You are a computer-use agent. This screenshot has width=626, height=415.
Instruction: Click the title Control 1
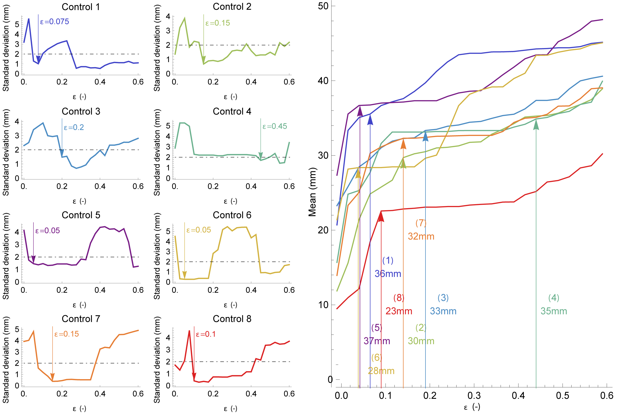[x=81, y=7]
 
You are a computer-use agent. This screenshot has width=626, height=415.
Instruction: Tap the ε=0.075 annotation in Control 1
[x=54, y=22]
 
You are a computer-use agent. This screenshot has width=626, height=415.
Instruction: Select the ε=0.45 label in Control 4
[x=275, y=126]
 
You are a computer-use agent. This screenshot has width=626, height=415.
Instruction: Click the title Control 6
[x=232, y=215]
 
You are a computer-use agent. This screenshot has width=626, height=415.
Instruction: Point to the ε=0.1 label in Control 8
[x=206, y=334]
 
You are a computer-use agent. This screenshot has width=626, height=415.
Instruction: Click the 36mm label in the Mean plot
[x=388, y=273]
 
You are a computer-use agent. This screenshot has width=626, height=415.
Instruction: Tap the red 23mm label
[x=399, y=311]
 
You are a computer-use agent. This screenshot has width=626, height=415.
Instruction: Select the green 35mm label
[x=554, y=311]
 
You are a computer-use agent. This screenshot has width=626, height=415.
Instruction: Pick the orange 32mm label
[x=421, y=236]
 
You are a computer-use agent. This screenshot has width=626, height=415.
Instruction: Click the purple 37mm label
[x=377, y=341]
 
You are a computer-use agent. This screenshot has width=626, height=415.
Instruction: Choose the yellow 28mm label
[x=381, y=371]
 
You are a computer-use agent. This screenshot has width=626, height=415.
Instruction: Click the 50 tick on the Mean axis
[x=323, y=6]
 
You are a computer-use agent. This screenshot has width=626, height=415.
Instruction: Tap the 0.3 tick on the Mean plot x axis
[x=474, y=396]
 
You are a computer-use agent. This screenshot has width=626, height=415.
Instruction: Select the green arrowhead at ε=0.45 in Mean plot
[x=536, y=124]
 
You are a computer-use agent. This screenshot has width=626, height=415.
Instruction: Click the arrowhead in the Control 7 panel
[x=53, y=377]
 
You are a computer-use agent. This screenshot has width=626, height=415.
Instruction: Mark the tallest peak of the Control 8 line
[x=189, y=331]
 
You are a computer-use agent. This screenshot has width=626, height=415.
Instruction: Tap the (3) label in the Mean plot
[x=443, y=298]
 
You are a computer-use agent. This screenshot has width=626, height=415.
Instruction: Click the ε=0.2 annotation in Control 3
[x=74, y=127]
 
